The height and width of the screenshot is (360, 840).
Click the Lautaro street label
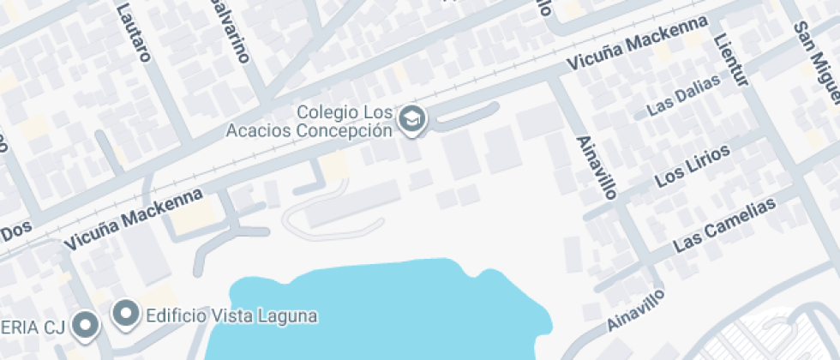(134, 33)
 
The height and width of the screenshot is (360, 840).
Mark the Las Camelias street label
(724, 225)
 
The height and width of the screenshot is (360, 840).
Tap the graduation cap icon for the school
(413, 120)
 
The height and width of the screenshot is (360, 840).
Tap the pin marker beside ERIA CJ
(85, 324)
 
